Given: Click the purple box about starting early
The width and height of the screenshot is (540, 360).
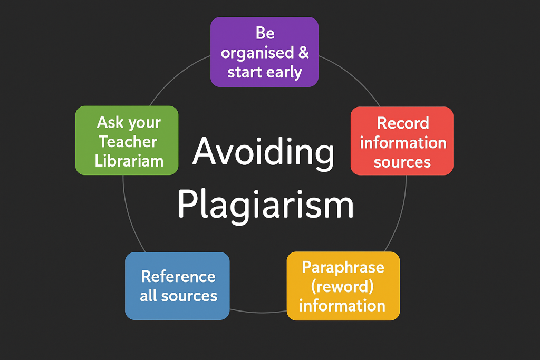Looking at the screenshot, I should tap(264, 52).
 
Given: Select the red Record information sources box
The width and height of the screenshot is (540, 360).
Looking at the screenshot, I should tap(402, 141).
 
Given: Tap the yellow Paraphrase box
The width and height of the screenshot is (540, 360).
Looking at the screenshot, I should tap(343, 286).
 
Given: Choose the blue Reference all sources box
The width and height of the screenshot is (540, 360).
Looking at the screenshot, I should tap(177, 286).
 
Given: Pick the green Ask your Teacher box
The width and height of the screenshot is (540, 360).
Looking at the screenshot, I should tap(127, 140).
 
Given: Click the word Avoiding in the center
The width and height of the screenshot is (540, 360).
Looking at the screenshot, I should tap(263, 152).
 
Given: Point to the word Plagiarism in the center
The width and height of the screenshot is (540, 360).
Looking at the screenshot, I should tap(265, 205).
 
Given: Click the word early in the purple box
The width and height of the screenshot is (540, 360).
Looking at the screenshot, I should tap(284, 72).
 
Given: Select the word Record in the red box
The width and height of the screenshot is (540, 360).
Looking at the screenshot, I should tap(403, 123).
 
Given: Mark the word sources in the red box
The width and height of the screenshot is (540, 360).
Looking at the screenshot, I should tap(402, 162).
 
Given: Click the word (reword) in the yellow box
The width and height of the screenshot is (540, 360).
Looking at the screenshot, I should tap(343, 286).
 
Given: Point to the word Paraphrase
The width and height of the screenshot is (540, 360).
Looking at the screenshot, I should tap(343, 267).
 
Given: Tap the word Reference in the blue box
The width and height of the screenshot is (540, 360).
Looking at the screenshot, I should tap(178, 276).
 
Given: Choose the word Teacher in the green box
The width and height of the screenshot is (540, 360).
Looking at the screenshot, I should tap(128, 142).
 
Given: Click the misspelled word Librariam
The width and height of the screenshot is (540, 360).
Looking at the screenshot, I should tap(129, 161).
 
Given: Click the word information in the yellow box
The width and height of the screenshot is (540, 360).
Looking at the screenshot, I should tap(342, 305).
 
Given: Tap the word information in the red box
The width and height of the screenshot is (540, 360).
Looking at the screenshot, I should tap(403, 142).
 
